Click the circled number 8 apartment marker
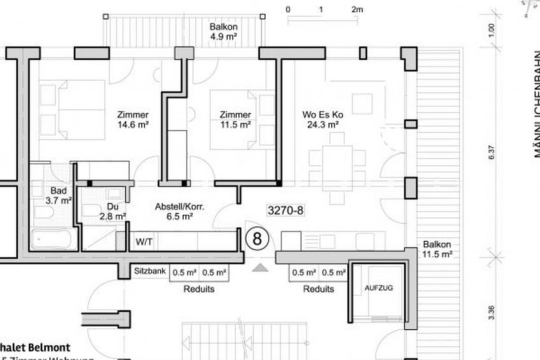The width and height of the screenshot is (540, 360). (257, 239)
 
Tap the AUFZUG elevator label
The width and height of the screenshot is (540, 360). (378, 288)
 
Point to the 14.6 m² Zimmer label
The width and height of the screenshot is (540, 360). (132, 120)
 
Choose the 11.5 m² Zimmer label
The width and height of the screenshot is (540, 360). (235, 120)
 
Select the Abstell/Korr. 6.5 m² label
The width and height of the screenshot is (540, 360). (174, 212)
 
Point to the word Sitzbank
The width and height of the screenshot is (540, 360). (150, 271)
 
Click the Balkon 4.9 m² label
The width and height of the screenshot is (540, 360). (223, 32)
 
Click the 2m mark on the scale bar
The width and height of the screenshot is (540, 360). (357, 10)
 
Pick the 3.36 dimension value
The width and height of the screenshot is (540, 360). (492, 310)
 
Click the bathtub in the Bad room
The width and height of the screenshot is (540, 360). (53, 240)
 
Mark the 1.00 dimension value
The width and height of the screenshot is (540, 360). (492, 31)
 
